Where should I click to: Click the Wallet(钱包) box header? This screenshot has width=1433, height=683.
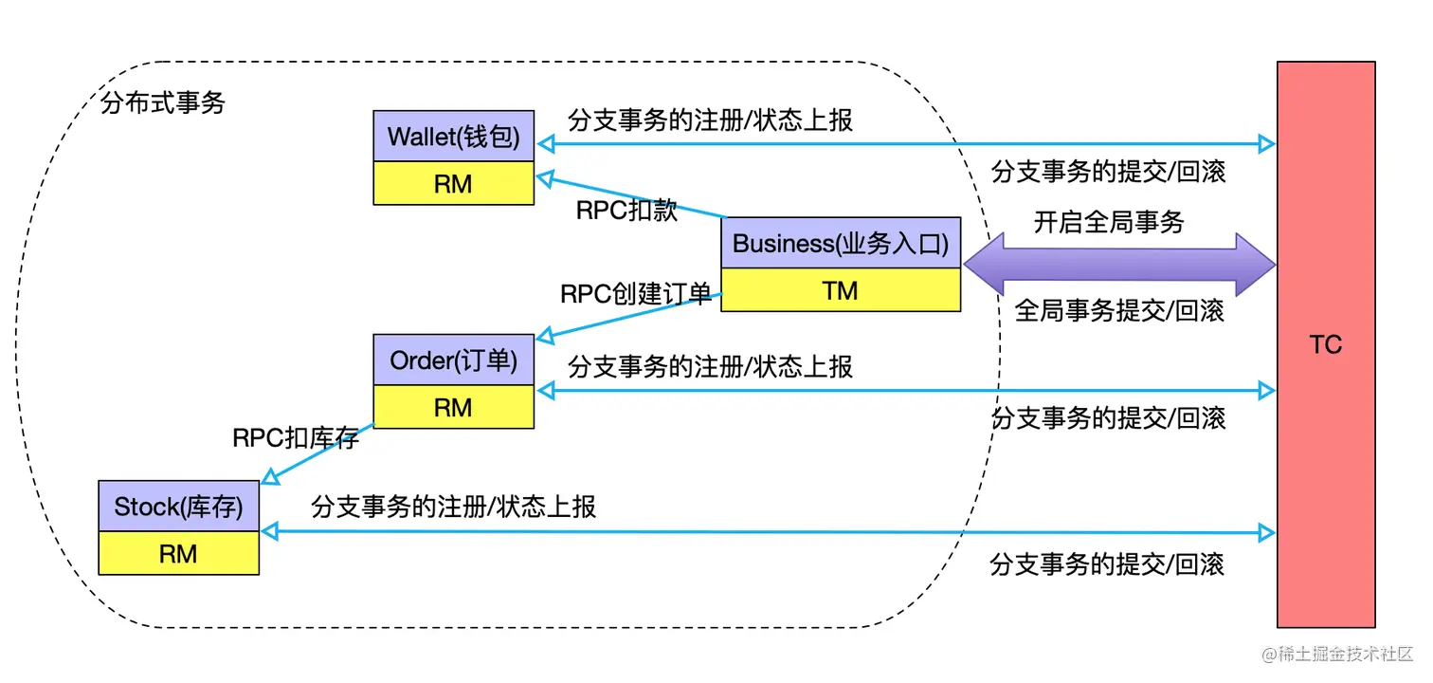point(453,137)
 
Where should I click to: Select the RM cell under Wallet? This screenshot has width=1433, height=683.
point(453,183)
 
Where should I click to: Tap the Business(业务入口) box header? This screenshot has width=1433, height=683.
point(840,243)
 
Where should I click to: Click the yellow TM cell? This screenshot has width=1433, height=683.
point(840,290)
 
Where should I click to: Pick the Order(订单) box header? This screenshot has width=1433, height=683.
point(453,360)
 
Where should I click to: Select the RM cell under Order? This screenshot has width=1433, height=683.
point(453,407)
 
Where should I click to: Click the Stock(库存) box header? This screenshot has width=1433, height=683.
point(178,507)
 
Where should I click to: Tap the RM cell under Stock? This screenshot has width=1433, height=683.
point(178,553)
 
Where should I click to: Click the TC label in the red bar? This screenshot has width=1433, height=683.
point(1325,344)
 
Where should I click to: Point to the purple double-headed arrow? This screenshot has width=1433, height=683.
point(1119,265)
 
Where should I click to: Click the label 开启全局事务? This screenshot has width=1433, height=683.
point(1109,223)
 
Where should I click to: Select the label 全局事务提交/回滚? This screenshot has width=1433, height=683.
point(1119,310)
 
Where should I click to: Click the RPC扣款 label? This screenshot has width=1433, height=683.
point(626,211)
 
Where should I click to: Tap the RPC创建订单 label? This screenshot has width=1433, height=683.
point(635,294)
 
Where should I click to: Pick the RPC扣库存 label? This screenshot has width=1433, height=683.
point(296,437)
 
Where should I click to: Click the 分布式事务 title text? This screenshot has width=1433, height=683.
point(162,103)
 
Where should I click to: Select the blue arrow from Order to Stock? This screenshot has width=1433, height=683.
point(317,452)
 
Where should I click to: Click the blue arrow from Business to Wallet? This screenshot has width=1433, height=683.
point(630,195)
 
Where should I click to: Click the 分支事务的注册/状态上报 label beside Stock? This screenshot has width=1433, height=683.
point(453,507)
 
